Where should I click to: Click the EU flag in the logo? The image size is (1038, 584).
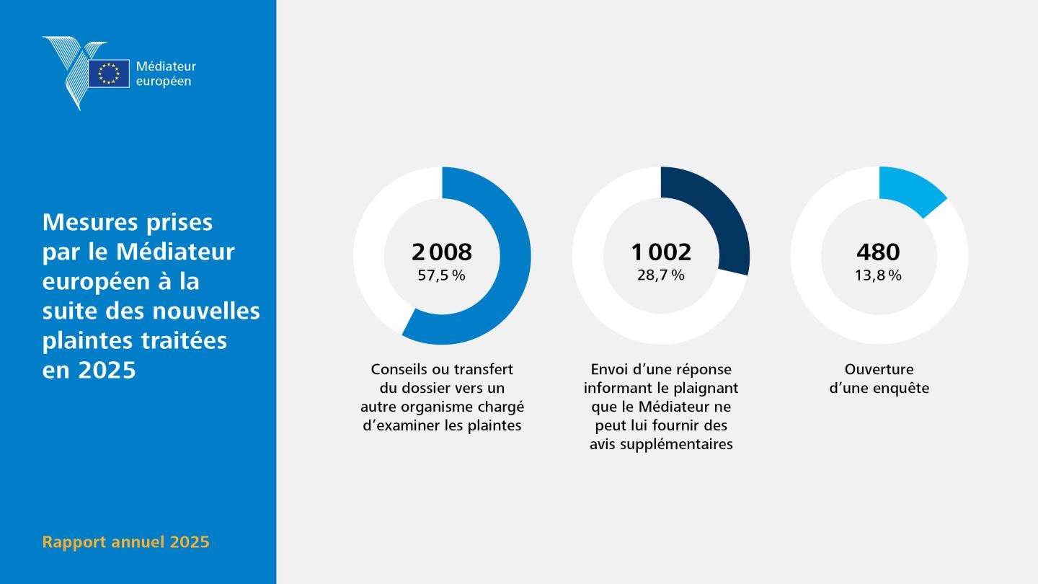(x=109, y=74)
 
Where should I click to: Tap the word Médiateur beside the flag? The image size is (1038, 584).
(x=166, y=66)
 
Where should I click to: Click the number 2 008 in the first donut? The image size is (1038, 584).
(x=442, y=252)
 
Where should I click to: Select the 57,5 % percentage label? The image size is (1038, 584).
(x=442, y=275)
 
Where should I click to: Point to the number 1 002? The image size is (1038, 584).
(x=661, y=252)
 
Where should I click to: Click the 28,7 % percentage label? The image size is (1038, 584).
(x=661, y=275)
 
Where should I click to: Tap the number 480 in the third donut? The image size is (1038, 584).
(x=878, y=252)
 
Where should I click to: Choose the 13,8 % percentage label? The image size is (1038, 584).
(x=878, y=275)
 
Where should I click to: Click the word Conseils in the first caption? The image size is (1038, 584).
(x=399, y=369)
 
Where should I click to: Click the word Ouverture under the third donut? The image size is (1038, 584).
(x=879, y=369)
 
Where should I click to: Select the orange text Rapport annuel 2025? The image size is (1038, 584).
(x=125, y=542)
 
